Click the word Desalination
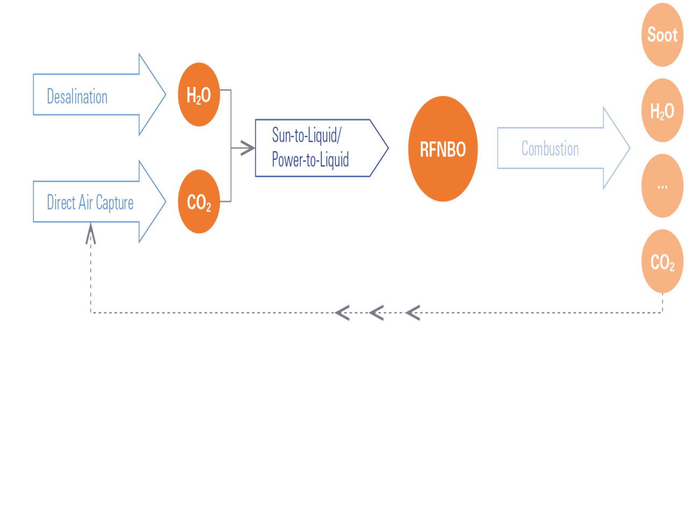click(77, 96)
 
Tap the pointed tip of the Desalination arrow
click(164, 95)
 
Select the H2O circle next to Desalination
click(199, 95)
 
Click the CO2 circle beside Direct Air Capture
click(199, 202)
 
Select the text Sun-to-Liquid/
click(306, 134)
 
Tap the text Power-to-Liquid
click(310, 159)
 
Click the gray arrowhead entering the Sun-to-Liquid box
click(247, 148)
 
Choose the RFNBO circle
click(443, 149)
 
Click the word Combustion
click(550, 148)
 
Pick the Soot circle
click(662, 35)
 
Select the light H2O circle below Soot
click(662, 111)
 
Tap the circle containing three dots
click(662, 186)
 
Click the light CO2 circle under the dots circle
click(662, 262)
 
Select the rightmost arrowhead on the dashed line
click(412, 312)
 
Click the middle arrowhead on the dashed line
click(376, 312)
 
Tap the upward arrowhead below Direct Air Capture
click(91, 234)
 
